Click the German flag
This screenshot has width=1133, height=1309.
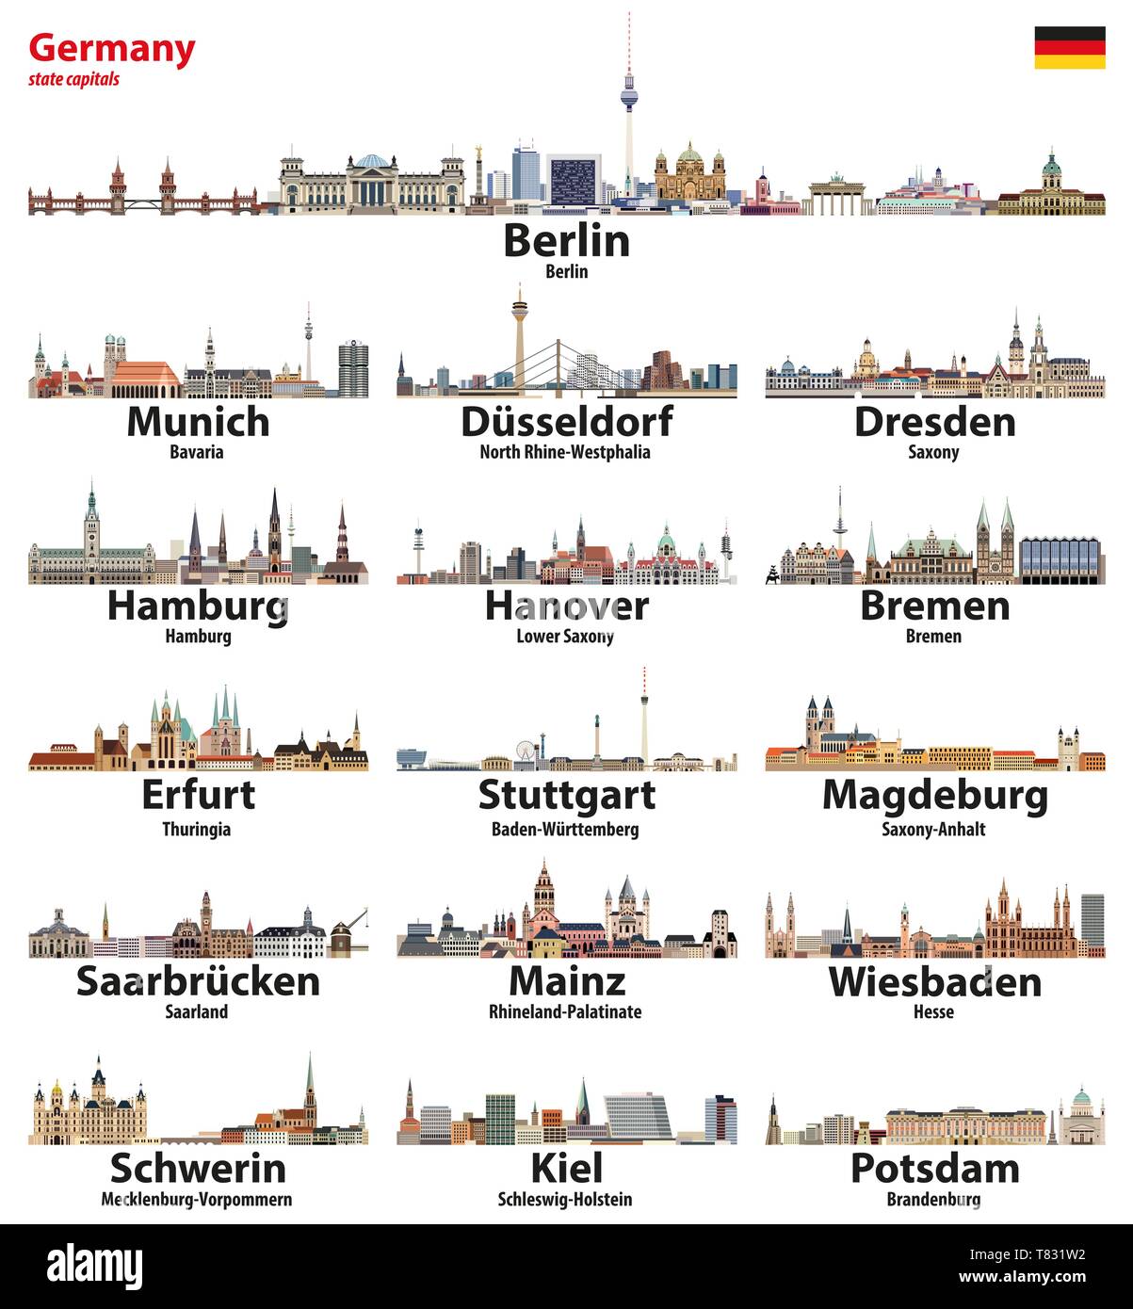(x=1070, y=47)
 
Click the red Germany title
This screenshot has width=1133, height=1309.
(x=112, y=48)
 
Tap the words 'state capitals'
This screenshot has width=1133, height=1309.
(x=74, y=79)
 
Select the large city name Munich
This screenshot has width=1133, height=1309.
(x=198, y=421)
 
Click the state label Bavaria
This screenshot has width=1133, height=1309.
(x=197, y=452)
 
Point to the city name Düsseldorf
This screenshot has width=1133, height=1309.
(x=566, y=421)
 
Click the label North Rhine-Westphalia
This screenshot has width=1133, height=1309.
(x=565, y=452)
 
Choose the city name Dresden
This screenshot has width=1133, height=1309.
(x=934, y=421)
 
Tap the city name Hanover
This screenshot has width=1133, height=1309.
(x=566, y=606)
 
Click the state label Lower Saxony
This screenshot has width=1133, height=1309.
(x=565, y=637)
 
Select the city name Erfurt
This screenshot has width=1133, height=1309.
(x=198, y=795)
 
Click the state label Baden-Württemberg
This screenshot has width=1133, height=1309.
(x=565, y=830)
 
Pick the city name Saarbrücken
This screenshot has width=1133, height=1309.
(x=198, y=980)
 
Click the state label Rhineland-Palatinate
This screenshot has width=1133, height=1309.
(x=565, y=1012)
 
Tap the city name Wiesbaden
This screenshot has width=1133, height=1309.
(x=934, y=981)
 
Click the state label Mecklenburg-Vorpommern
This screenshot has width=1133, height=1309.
(x=197, y=1200)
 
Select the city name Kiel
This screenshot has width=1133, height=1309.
(x=566, y=1168)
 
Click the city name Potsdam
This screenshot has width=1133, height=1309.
(x=934, y=1168)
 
